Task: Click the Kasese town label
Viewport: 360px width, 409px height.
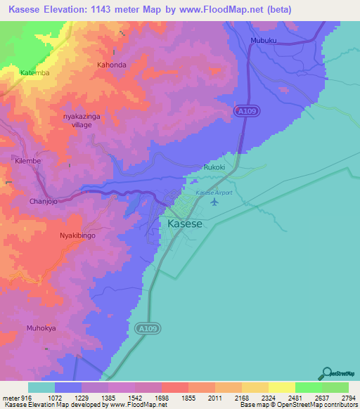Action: point(186,224)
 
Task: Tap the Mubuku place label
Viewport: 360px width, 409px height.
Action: point(264,41)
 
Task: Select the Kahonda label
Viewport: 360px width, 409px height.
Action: point(111,65)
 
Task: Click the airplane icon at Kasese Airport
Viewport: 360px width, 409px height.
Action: point(214,202)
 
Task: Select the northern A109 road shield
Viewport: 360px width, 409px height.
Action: point(243,112)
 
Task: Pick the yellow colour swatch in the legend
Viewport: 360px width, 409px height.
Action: point(281,388)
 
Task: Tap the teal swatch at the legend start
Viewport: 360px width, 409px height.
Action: point(41,388)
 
